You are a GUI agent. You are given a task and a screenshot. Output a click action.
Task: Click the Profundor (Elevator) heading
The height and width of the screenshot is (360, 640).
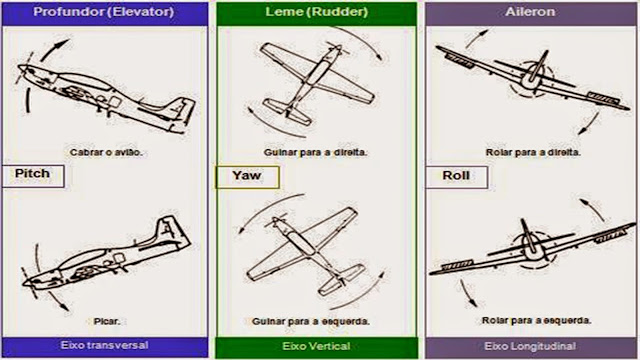[x=104, y=11]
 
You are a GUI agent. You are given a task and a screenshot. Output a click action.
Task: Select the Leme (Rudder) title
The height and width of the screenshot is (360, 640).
[x=317, y=11]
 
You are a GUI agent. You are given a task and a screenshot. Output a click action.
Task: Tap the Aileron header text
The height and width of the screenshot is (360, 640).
[x=530, y=11]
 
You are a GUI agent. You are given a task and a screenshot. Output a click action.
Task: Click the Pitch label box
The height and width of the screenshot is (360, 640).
[x=33, y=176]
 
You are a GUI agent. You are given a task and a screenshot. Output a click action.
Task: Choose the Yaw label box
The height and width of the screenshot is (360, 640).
[x=247, y=177]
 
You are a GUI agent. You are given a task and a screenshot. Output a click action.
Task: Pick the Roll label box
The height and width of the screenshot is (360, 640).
[x=456, y=177]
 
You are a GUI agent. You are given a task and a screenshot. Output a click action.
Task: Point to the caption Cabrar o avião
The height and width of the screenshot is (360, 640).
[x=106, y=153]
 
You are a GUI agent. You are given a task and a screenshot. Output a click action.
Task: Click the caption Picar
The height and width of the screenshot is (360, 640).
[x=107, y=321]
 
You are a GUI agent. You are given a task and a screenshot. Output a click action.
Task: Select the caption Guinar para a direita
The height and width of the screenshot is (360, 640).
[x=316, y=153]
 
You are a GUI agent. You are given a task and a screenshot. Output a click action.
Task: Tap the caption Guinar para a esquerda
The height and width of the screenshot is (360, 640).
[x=311, y=321]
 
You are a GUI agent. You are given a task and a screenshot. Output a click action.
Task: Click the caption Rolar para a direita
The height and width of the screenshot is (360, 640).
[x=533, y=153]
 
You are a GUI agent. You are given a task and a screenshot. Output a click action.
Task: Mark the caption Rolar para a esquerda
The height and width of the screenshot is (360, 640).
[x=536, y=320]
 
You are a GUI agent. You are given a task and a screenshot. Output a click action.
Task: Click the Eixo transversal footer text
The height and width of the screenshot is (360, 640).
[x=104, y=345]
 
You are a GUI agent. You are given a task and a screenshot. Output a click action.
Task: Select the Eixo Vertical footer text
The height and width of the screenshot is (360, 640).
[x=316, y=346]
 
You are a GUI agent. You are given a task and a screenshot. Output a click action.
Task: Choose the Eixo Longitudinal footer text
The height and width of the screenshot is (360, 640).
[x=530, y=346]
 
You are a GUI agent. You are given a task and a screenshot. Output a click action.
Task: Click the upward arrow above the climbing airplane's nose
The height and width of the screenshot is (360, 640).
[x=54, y=48]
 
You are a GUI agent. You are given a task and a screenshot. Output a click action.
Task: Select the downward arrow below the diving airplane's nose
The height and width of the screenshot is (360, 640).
[x=59, y=301]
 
